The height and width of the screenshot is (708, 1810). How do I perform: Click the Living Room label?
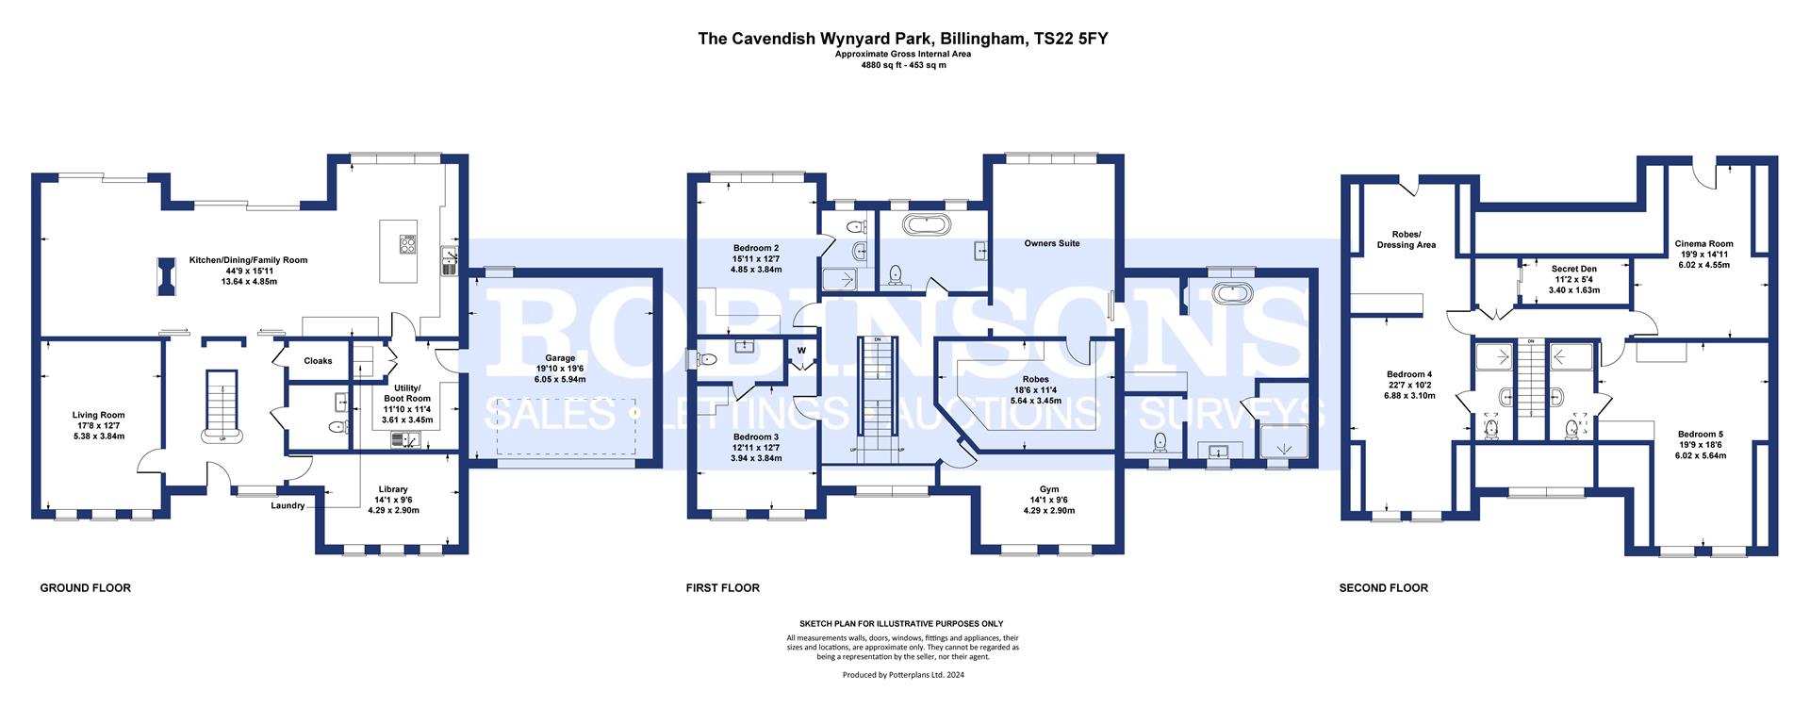[98, 415]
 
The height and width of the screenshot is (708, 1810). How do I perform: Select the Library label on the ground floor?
[392, 489]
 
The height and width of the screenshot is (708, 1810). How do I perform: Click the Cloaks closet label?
[318, 361]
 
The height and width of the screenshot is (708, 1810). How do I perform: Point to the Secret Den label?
[1573, 269]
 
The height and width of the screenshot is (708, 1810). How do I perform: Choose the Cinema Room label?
[1703, 244]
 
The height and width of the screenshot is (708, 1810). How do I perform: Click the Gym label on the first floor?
[1049, 489]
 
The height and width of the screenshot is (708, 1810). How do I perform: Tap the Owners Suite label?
[1052, 243]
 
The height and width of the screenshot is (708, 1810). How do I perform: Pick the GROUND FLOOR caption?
[85, 588]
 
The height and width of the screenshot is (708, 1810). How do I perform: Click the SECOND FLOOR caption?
[1383, 588]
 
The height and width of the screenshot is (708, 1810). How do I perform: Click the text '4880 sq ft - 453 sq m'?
[904, 65]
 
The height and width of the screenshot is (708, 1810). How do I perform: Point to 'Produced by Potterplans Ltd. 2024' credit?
[903, 674]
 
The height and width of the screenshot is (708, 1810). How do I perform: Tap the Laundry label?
[288, 505]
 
